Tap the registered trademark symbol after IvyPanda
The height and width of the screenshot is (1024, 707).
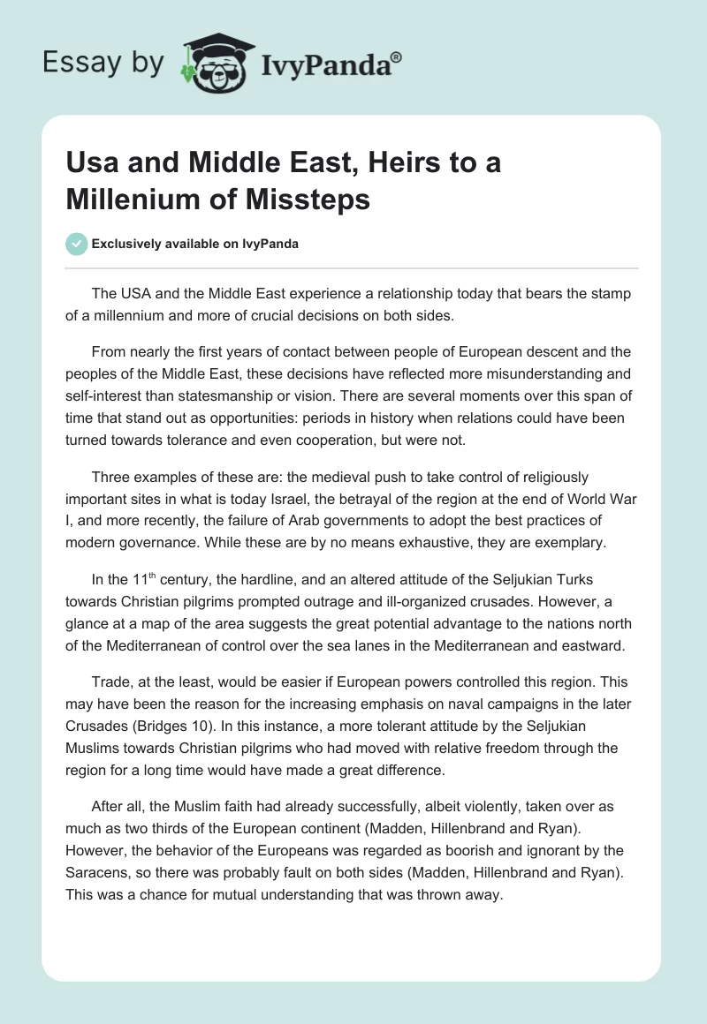coord(397,58)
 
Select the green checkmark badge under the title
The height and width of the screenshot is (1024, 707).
coord(77,244)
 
